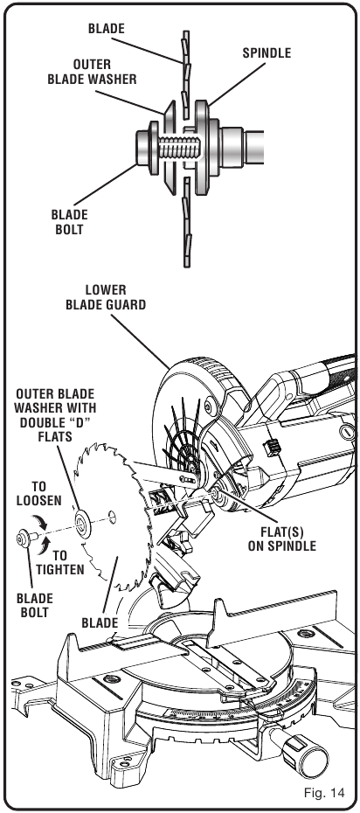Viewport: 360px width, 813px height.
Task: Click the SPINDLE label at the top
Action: pos(267,52)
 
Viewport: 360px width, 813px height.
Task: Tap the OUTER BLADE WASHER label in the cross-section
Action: pos(93,72)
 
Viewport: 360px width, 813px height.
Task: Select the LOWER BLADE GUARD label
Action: pos(106,297)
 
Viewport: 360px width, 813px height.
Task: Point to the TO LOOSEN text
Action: pos(38,494)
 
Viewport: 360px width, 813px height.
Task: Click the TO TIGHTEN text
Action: pos(60,563)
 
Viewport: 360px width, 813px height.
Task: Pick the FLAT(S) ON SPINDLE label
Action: pos(281,539)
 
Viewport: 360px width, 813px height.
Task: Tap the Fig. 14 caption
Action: pos(324,793)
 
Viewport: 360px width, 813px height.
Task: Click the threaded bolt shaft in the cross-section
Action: pos(179,147)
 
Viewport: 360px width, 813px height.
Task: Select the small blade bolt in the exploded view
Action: pos(24,539)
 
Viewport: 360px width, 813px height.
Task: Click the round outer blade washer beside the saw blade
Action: pos(82,524)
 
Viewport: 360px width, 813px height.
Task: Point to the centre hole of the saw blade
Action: pos(112,516)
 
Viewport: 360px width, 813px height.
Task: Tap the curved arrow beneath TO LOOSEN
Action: pos(38,521)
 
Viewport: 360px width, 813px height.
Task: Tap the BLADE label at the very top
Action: pos(107,29)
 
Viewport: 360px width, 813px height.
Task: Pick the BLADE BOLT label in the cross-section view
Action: pos(69,221)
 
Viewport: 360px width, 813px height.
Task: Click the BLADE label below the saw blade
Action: pos(100,622)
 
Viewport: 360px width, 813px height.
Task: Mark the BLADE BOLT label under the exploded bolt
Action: pos(35,605)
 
